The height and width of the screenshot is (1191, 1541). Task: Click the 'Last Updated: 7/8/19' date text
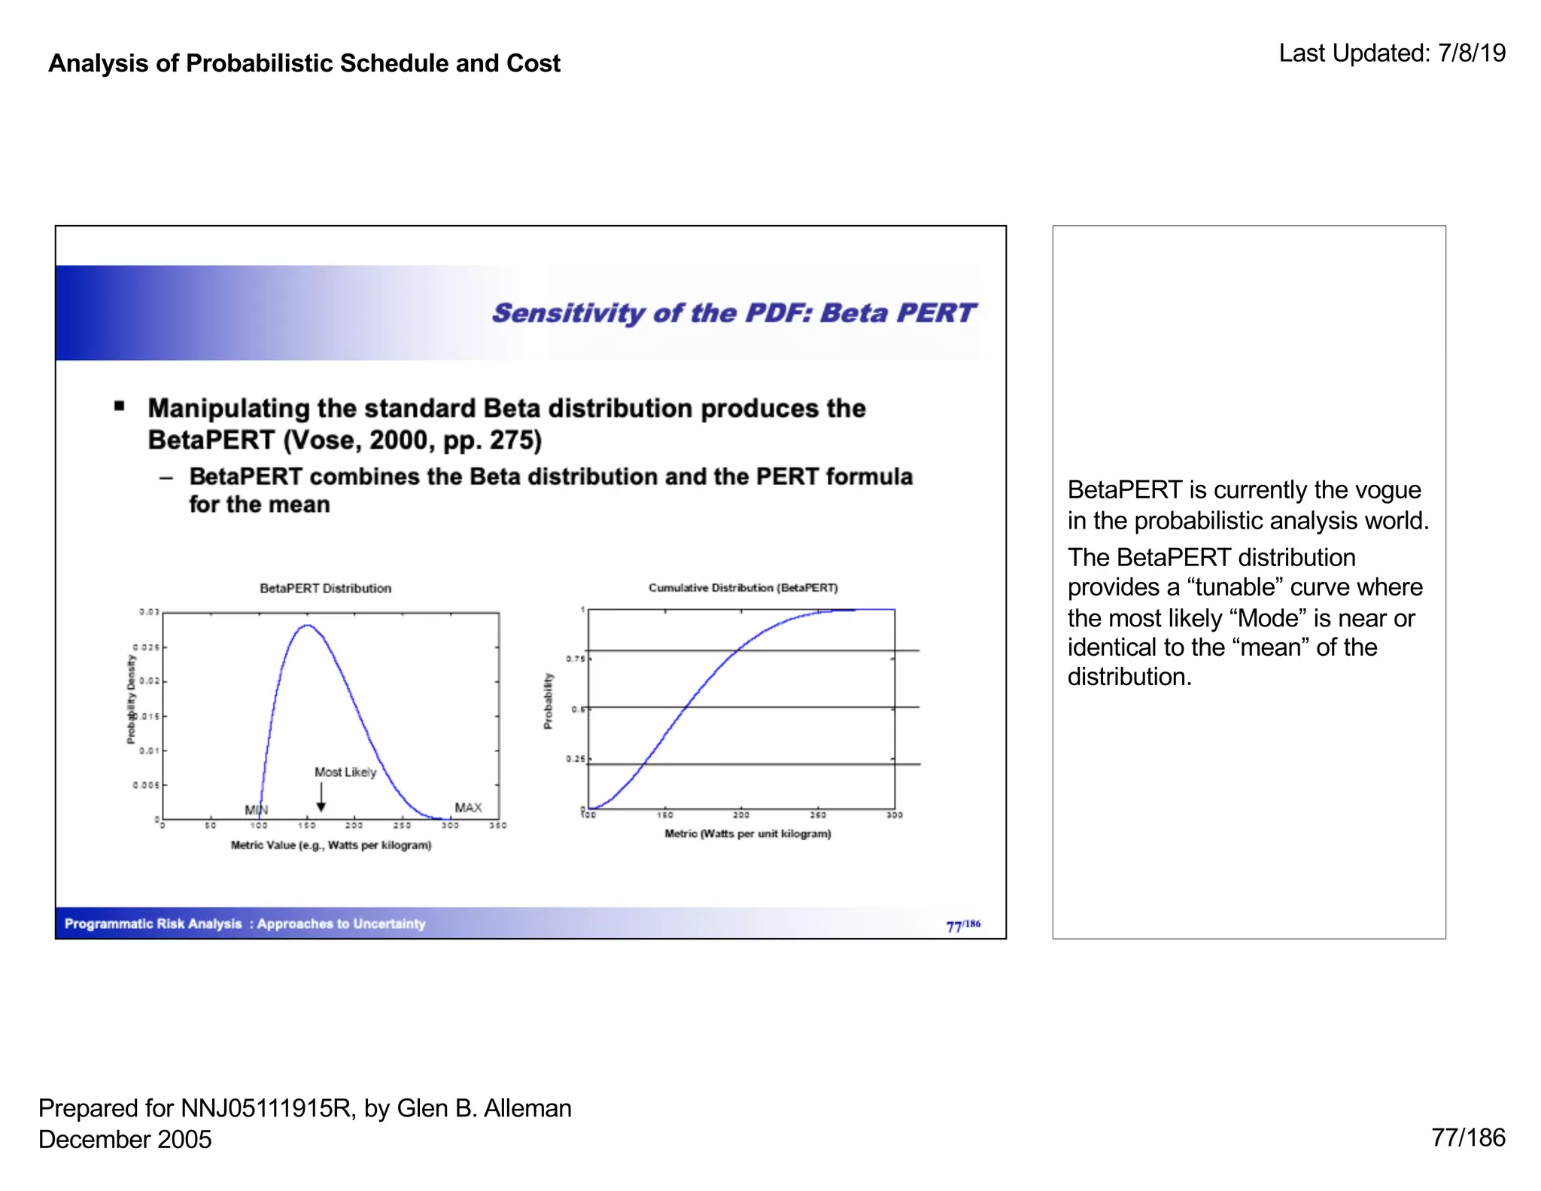[1391, 53]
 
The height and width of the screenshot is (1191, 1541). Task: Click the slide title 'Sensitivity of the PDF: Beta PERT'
[733, 313]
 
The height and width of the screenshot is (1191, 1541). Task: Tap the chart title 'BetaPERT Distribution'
[325, 589]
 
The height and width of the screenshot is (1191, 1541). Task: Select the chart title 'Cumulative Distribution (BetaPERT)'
[743, 588]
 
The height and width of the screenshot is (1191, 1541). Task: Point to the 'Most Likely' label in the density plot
[345, 772]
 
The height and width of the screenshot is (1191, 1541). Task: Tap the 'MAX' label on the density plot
[468, 808]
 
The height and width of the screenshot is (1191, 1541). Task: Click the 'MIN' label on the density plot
[256, 810]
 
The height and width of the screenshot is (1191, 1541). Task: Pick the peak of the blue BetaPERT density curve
[307, 626]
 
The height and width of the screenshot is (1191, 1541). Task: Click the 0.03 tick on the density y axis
[149, 612]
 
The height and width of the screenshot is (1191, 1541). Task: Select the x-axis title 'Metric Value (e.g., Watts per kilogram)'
[331, 845]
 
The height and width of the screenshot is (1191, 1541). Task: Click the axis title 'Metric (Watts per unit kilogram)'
[747, 834]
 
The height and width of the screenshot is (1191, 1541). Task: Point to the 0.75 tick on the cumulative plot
[576, 659]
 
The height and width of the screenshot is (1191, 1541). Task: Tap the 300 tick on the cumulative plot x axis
[894, 815]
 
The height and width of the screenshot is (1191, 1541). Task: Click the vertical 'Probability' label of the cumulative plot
[548, 701]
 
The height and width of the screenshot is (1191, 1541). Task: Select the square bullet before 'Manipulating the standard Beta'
[119, 407]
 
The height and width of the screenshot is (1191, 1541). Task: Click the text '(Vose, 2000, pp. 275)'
[412, 440]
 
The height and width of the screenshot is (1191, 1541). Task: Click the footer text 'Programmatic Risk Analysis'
[153, 924]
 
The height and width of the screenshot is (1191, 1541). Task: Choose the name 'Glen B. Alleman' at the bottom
[484, 1108]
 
